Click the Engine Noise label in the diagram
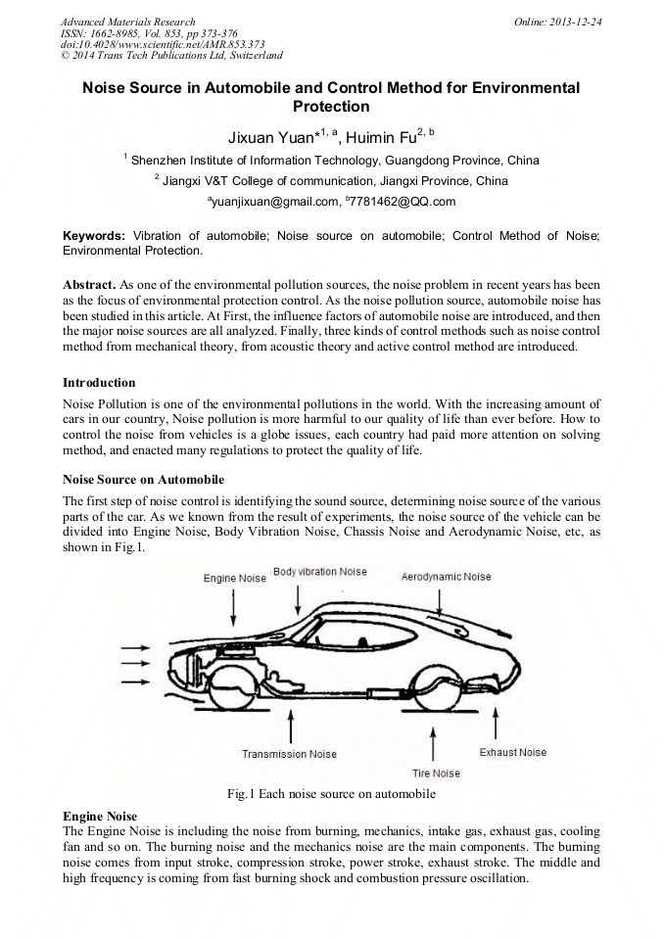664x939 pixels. click(x=234, y=579)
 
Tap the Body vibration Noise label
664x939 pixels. click(x=319, y=572)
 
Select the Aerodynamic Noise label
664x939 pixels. click(x=446, y=578)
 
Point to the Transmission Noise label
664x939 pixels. click(x=289, y=754)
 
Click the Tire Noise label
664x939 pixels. click(x=436, y=774)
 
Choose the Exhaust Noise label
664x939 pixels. click(x=512, y=752)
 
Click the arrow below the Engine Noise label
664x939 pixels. click(x=234, y=606)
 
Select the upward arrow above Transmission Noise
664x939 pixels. click(x=290, y=725)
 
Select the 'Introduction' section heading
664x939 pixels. click(x=99, y=382)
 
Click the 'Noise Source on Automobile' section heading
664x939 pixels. click(x=143, y=480)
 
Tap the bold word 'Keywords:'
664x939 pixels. click(x=94, y=236)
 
